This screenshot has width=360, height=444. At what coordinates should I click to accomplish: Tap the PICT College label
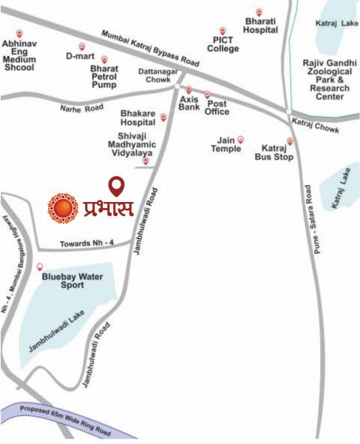tap(223, 44)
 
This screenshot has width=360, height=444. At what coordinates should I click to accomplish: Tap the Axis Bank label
tap(189, 101)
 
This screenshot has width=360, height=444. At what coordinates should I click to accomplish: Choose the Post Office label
tap(217, 107)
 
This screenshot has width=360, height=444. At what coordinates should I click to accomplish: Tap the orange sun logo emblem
tap(63, 208)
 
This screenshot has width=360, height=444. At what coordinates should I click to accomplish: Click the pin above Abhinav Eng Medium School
tap(19, 33)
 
